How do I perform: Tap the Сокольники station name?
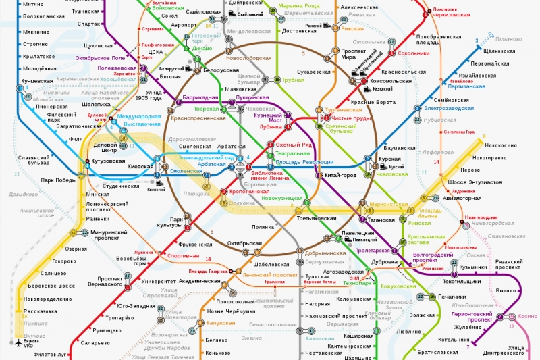coord(413,53)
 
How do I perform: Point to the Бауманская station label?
coord(400,147)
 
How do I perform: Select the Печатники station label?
coord(451,297)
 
